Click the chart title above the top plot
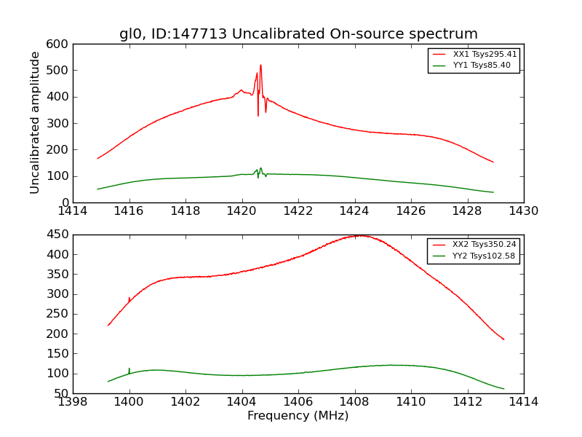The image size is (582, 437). pyautogui.click(x=298, y=34)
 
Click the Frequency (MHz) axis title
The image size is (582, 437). pyautogui.click(x=298, y=416)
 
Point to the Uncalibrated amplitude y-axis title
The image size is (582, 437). pyautogui.click(x=35, y=122)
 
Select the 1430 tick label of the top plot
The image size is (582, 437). pyautogui.click(x=523, y=211)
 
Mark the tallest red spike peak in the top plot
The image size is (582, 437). pyautogui.click(x=260, y=65)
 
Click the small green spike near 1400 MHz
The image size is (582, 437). pyautogui.click(x=129, y=369)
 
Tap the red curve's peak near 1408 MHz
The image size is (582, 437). pyautogui.click(x=360, y=235)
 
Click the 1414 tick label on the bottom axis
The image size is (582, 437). pyautogui.click(x=523, y=402)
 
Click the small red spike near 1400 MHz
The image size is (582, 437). pyautogui.click(x=129, y=298)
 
